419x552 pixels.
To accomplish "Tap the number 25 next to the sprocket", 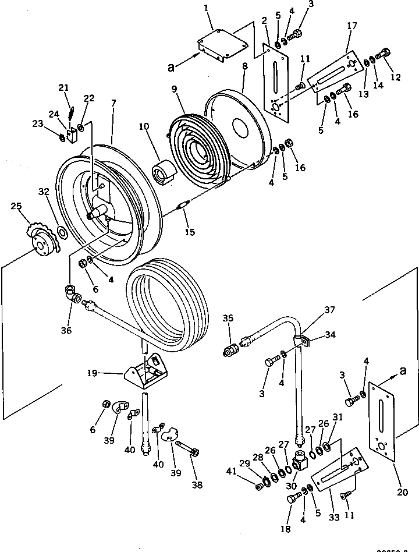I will (x=16, y=207).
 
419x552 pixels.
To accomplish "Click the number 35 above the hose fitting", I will (x=228, y=319).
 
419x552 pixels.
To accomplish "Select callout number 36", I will (x=67, y=331).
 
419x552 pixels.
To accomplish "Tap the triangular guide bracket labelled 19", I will (x=145, y=371).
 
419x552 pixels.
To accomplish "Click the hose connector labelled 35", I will (x=232, y=351).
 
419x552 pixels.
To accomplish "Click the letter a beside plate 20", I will (x=402, y=370).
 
